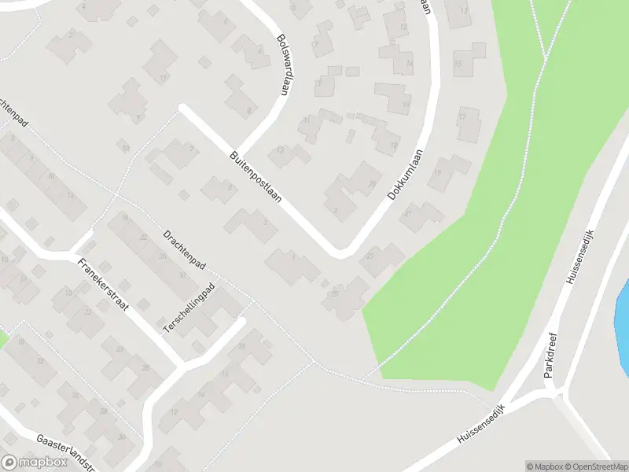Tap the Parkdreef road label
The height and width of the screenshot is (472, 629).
click(x=551, y=354)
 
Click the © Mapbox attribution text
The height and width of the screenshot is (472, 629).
click(x=543, y=466)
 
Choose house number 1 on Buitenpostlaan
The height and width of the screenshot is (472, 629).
click(x=291, y=264)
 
